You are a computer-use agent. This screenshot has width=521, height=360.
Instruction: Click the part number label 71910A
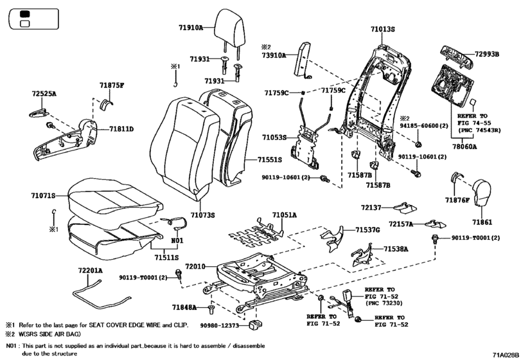[191, 28]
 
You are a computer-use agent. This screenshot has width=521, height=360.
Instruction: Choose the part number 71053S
[274, 138]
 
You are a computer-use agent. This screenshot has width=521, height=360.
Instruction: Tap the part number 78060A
[467, 147]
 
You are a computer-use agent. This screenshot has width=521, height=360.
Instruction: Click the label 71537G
[369, 230]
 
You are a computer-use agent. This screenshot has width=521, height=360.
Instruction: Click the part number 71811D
[121, 129]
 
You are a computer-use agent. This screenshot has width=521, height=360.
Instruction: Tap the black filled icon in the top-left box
[26, 14]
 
